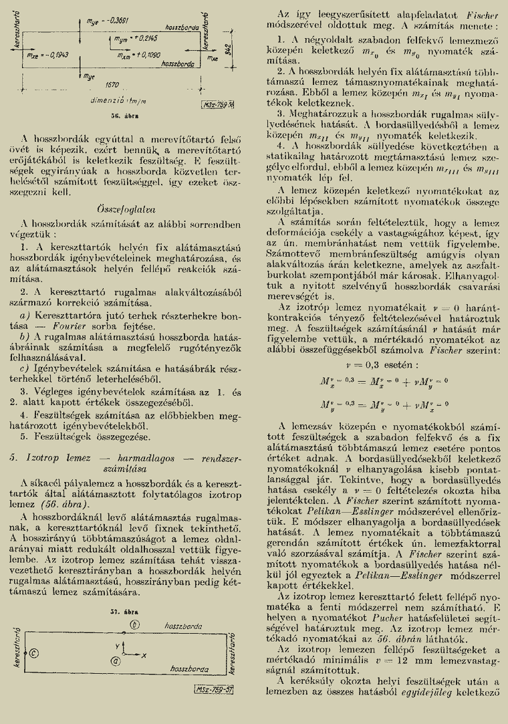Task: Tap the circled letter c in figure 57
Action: [33, 653]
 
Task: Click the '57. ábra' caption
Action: [122, 610]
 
